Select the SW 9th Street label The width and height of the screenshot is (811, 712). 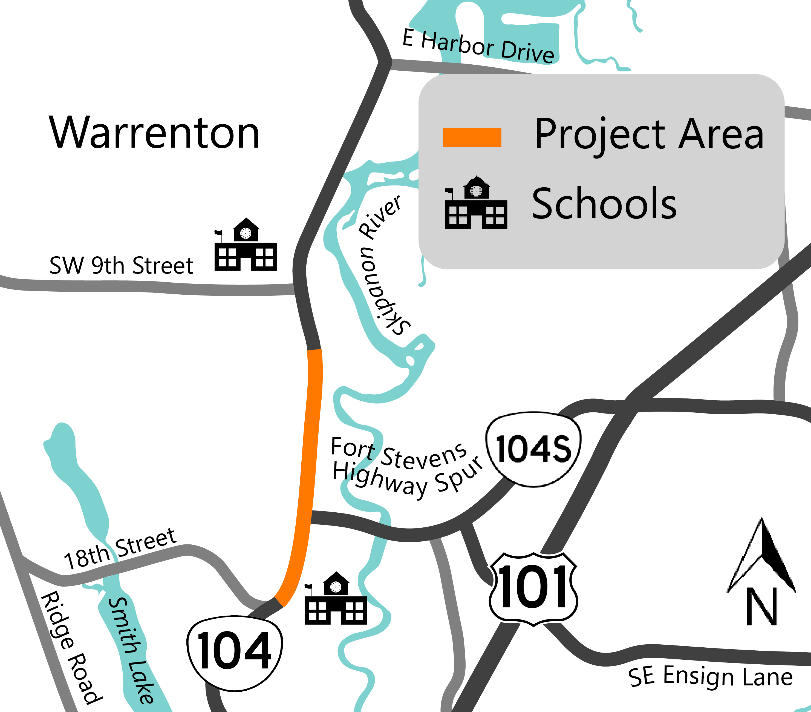(x=121, y=265)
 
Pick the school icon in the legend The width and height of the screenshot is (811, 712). (x=476, y=203)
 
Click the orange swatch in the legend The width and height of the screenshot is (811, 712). (x=472, y=137)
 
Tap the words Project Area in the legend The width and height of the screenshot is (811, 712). (x=649, y=135)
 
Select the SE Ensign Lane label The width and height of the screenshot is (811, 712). (x=710, y=677)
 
